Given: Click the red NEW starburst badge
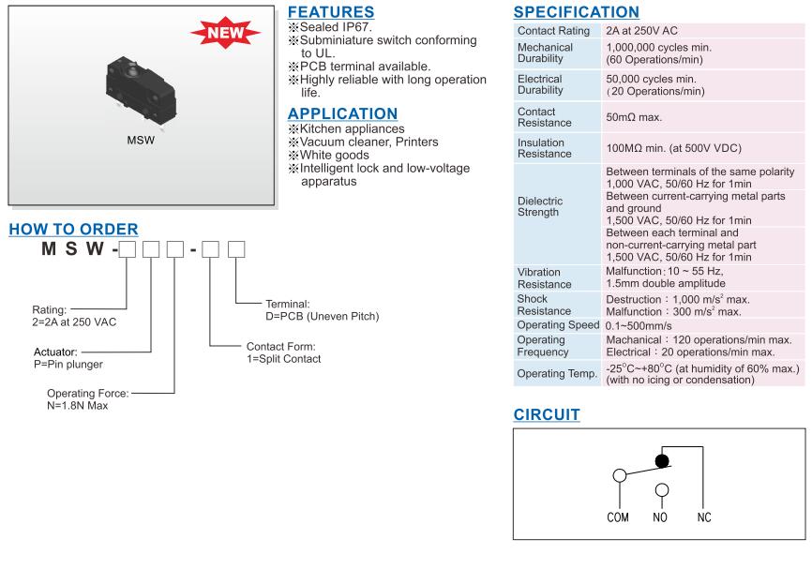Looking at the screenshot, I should click(225, 36).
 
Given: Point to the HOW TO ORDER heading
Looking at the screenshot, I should click(73, 229).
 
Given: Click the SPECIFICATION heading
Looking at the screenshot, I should click(577, 12).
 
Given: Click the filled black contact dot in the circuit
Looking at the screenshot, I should click(662, 461).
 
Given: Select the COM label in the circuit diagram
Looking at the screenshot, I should click(617, 517).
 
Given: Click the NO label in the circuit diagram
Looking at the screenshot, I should click(661, 517).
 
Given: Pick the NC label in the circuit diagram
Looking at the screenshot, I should click(706, 517).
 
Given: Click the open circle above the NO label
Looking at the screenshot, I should click(661, 489).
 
